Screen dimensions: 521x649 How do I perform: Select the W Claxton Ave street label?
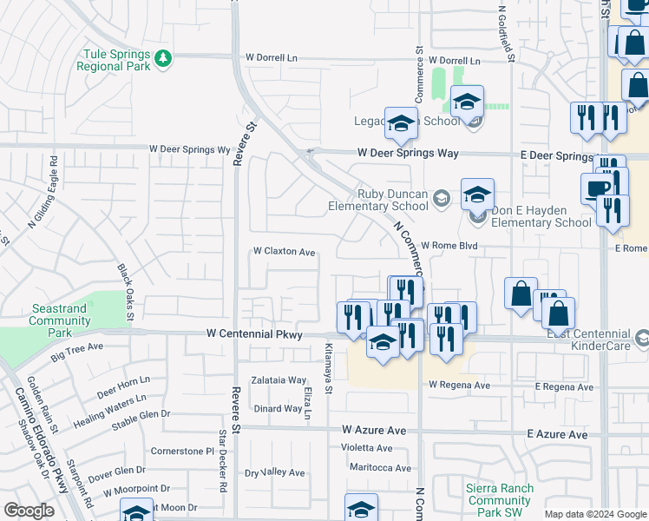point(284,252)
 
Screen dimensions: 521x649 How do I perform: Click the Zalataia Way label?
point(279,380)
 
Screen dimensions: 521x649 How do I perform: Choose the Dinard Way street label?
point(279,409)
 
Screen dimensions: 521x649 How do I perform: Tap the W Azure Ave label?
point(374,430)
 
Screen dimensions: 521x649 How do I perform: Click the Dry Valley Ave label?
point(275,473)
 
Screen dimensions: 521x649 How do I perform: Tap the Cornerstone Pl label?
point(182,452)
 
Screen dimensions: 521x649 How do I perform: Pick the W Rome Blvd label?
point(450,246)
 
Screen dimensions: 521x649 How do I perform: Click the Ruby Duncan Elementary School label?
point(377,201)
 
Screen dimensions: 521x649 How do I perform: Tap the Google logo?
point(29,511)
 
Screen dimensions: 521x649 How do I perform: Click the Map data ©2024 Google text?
point(595,514)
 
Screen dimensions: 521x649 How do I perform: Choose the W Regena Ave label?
point(459,386)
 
